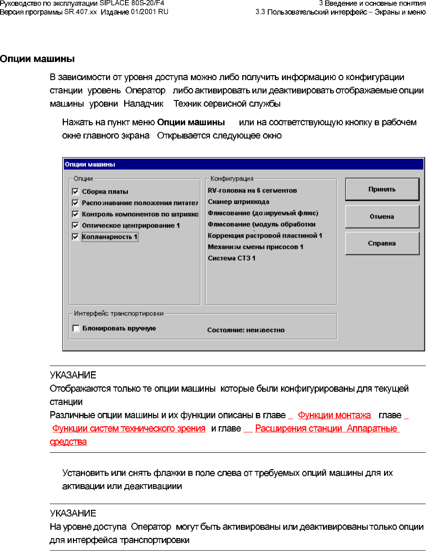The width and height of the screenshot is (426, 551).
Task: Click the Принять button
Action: (382, 189)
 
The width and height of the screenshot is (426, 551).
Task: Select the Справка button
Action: (382, 243)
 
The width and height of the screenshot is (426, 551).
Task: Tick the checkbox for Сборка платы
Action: (76, 192)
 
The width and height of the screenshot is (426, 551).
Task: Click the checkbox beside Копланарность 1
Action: (76, 237)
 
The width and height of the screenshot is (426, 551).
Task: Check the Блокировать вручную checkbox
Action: (76, 328)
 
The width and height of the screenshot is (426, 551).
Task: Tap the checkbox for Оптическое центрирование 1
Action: (76, 225)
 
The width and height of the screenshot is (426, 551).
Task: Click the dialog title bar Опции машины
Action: (243, 164)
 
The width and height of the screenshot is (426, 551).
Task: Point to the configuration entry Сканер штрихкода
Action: (239, 202)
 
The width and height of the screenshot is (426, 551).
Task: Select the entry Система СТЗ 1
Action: (232, 258)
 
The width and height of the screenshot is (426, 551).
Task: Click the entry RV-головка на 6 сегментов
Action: (252, 190)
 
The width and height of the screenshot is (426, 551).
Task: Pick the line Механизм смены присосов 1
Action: (255, 247)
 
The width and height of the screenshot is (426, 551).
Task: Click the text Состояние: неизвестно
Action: (246, 330)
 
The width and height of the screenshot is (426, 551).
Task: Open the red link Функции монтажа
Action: (334, 415)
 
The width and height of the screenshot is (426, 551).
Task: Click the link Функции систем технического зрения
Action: (129, 428)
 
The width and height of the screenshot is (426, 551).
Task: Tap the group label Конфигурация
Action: (232, 179)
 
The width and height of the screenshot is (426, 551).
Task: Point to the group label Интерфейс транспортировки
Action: (119, 313)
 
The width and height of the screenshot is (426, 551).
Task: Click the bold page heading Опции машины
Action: (38, 59)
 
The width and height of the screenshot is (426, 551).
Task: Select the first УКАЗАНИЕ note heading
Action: (73, 375)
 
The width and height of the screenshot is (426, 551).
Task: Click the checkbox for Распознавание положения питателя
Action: (76, 203)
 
